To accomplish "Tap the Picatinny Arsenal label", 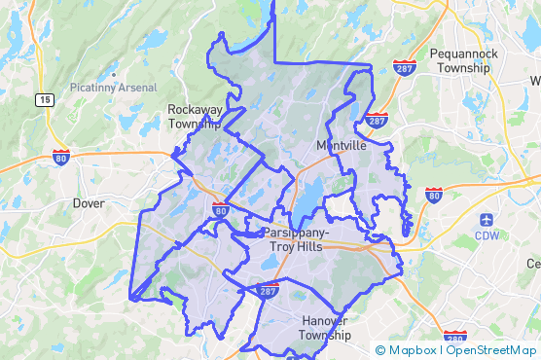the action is [113, 88].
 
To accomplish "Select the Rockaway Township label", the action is [196, 117].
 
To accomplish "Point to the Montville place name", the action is [342, 145].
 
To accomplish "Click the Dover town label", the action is [89, 203].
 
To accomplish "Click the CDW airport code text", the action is [487, 234].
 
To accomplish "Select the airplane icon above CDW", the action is [487, 218].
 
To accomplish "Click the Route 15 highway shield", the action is [45, 99].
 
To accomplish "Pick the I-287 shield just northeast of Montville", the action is [378, 120].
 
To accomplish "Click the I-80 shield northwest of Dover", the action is [62, 156].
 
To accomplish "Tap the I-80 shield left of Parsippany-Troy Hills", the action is [221, 209].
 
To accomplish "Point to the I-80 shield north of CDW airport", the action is [433, 196].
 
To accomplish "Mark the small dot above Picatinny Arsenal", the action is [114, 74].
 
